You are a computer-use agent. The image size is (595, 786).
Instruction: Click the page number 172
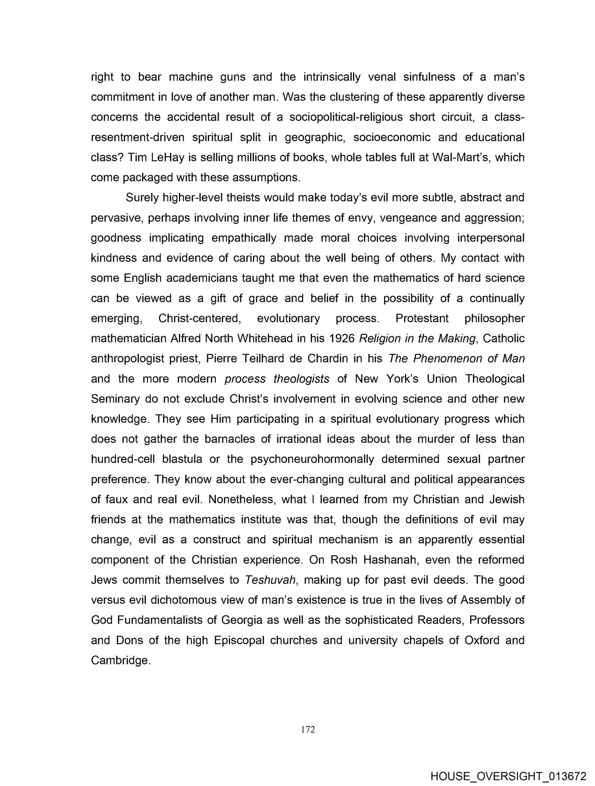[308, 729]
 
